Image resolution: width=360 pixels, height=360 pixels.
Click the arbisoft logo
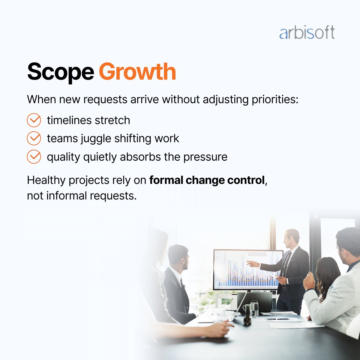point(307,33)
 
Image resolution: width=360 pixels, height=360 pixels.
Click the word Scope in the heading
point(60,72)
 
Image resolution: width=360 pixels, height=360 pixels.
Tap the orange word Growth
point(137,72)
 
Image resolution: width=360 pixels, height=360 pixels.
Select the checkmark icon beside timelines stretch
point(34,120)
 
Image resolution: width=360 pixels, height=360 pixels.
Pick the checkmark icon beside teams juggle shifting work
point(34,138)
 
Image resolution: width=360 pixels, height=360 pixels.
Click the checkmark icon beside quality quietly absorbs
point(34,157)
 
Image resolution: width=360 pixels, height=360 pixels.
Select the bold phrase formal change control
point(207,180)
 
